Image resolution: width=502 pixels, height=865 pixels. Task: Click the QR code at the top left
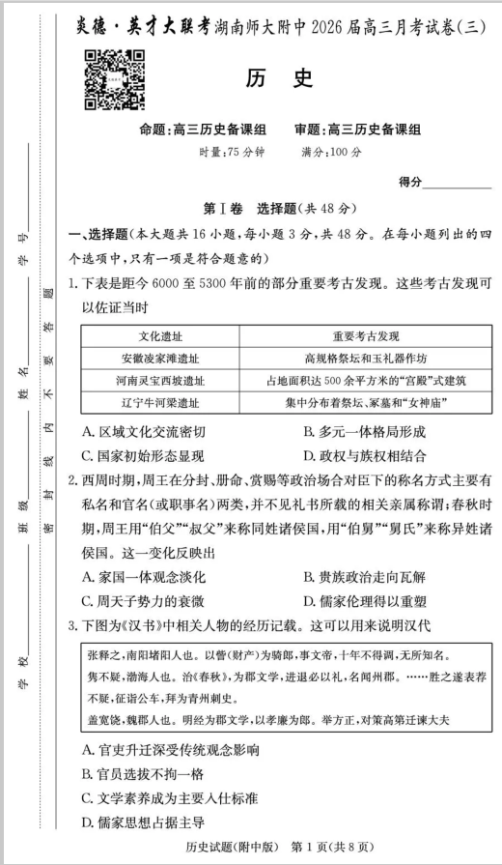point(108,79)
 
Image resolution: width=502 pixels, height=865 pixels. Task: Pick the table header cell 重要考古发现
point(365,336)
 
